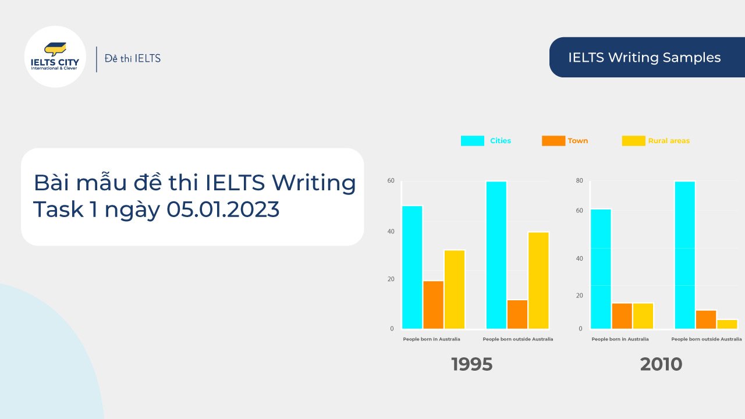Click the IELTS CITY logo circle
coord(55,56)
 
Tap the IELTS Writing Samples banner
coord(644,58)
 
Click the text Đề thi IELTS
coord(133,58)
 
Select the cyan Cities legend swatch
coord(472,141)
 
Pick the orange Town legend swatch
coord(553,141)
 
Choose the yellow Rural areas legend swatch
coord(633,141)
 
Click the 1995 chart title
coord(471,364)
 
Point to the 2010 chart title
coord(661,364)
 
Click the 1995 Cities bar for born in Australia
coord(412,267)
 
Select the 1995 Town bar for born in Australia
coord(433,305)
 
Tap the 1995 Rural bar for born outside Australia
coord(538,280)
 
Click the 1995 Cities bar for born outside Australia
coord(496,255)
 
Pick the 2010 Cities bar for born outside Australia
coord(684,255)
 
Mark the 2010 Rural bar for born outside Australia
coord(727,324)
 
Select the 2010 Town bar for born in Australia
coord(622,316)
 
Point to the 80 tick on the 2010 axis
coord(579,181)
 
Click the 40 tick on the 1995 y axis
coord(391,232)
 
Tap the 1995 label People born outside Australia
coord(518,339)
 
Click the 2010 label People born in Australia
coord(620,339)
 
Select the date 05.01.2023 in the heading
coord(223,210)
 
